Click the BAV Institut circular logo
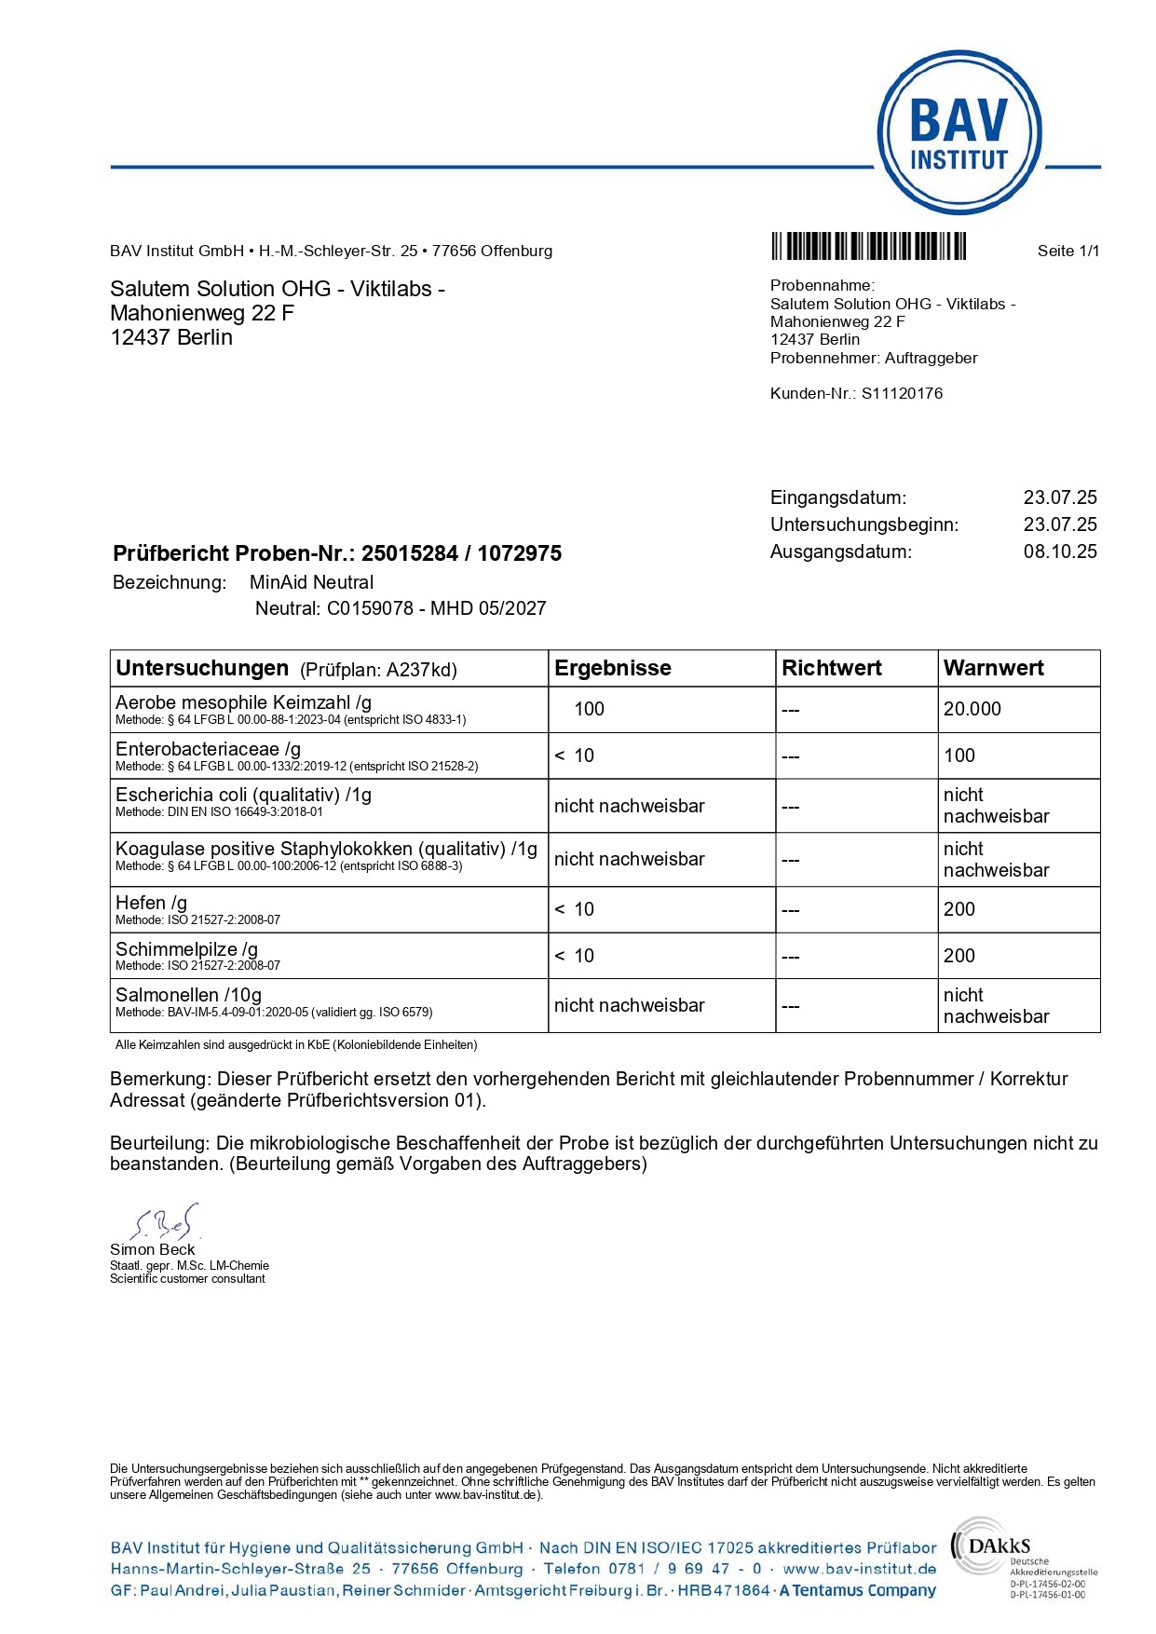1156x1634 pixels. tap(959, 133)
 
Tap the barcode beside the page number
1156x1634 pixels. tap(868, 247)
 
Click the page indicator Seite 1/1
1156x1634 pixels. tap(1068, 251)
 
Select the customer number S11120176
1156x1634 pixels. tap(902, 393)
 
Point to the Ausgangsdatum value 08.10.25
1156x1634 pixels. tap(1060, 551)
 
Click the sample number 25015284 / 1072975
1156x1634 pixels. tap(461, 553)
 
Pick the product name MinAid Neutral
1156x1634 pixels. tap(311, 582)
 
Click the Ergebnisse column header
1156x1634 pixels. tap(612, 668)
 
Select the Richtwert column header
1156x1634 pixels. tap(831, 668)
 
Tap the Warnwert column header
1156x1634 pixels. tap(993, 668)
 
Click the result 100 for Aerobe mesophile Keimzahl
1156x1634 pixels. tap(589, 709)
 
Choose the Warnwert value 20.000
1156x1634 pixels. tap(972, 709)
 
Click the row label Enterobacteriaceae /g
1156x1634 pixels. tap(208, 749)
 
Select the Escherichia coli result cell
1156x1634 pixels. tap(629, 806)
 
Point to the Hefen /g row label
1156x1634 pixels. tap(151, 903)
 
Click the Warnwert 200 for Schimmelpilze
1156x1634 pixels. tap(959, 956)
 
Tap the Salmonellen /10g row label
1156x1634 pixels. tap(188, 995)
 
